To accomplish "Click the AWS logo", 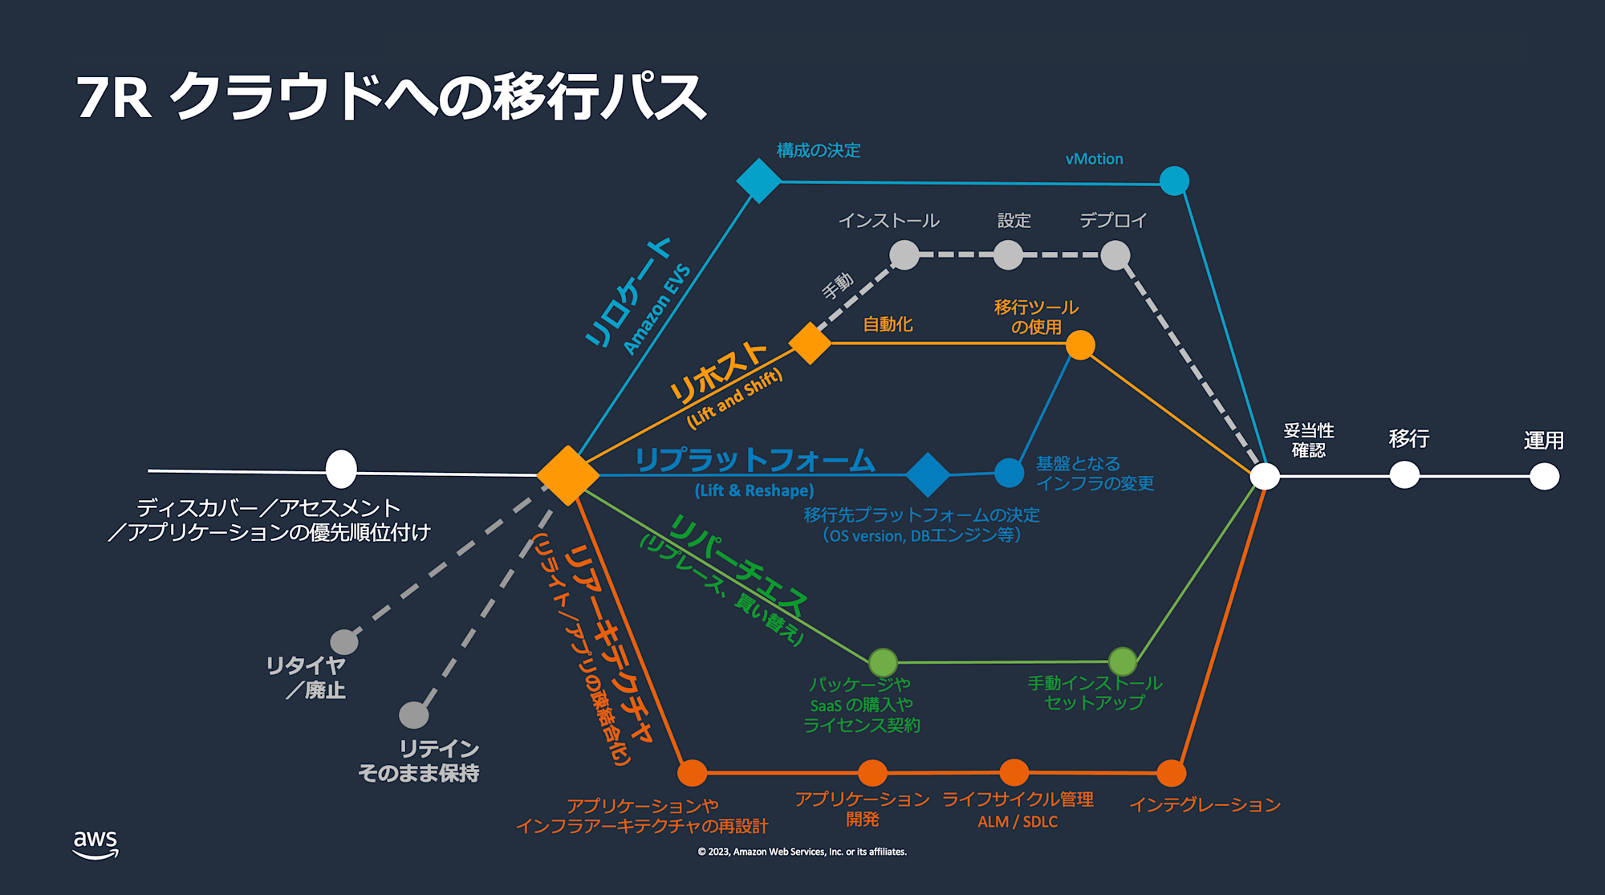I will click(x=95, y=844).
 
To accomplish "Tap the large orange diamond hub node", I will click(x=567, y=475).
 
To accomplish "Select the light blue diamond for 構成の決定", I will click(x=758, y=181).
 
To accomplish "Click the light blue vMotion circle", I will click(x=1174, y=181).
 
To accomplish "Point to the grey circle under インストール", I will click(x=904, y=255).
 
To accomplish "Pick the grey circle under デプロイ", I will click(x=1115, y=255).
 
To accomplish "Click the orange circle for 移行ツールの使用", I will click(x=1080, y=345).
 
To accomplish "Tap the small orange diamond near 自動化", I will click(x=810, y=344).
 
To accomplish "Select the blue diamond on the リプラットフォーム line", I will click(x=928, y=474).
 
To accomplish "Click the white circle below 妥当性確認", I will click(x=1265, y=476).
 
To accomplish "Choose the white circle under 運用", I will click(x=1544, y=477).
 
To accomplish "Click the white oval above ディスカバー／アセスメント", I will click(x=341, y=469).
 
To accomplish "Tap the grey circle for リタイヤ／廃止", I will click(x=344, y=641).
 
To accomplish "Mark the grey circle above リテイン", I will click(x=414, y=714).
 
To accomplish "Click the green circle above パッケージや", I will click(x=883, y=662).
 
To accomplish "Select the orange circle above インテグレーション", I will click(x=1172, y=773).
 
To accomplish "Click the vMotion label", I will click(x=1094, y=159).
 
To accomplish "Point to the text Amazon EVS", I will click(x=656, y=309).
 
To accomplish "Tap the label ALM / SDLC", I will click(x=1017, y=822).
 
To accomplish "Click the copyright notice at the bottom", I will click(x=802, y=852).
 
